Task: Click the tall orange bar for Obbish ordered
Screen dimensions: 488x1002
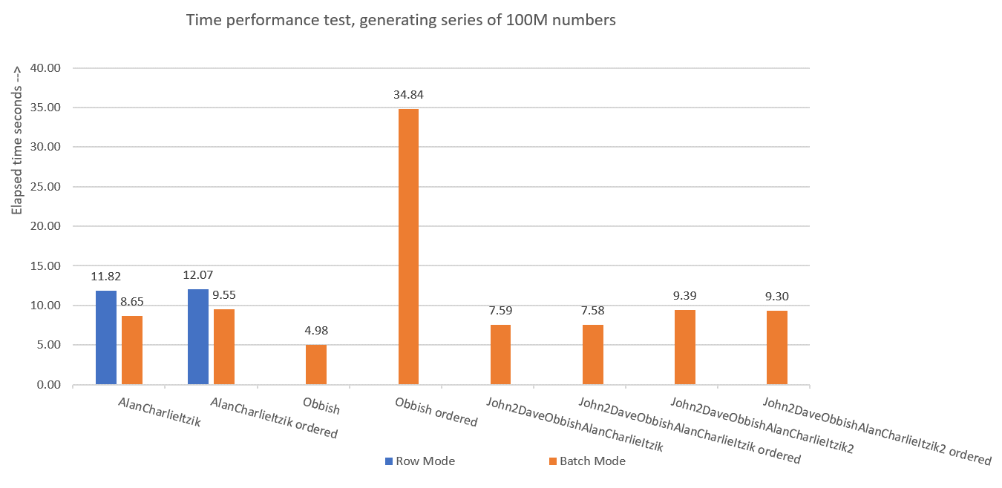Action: point(408,246)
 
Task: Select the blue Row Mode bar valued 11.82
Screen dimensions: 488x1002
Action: point(106,337)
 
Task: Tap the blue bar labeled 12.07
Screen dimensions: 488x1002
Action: point(198,337)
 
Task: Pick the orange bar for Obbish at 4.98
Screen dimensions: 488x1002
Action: point(316,365)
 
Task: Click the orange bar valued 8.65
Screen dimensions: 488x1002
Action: point(132,350)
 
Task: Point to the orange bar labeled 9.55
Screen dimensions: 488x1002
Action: point(224,346)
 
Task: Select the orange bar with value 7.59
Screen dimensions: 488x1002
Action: point(500,355)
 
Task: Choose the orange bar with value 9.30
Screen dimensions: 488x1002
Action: point(776,348)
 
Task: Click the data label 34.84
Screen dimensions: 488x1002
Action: point(408,95)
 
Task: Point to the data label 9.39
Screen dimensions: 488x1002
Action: point(684,296)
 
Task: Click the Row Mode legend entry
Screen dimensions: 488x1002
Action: point(420,461)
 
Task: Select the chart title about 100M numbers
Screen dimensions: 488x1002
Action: point(401,21)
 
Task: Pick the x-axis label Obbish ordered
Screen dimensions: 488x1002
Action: point(436,412)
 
